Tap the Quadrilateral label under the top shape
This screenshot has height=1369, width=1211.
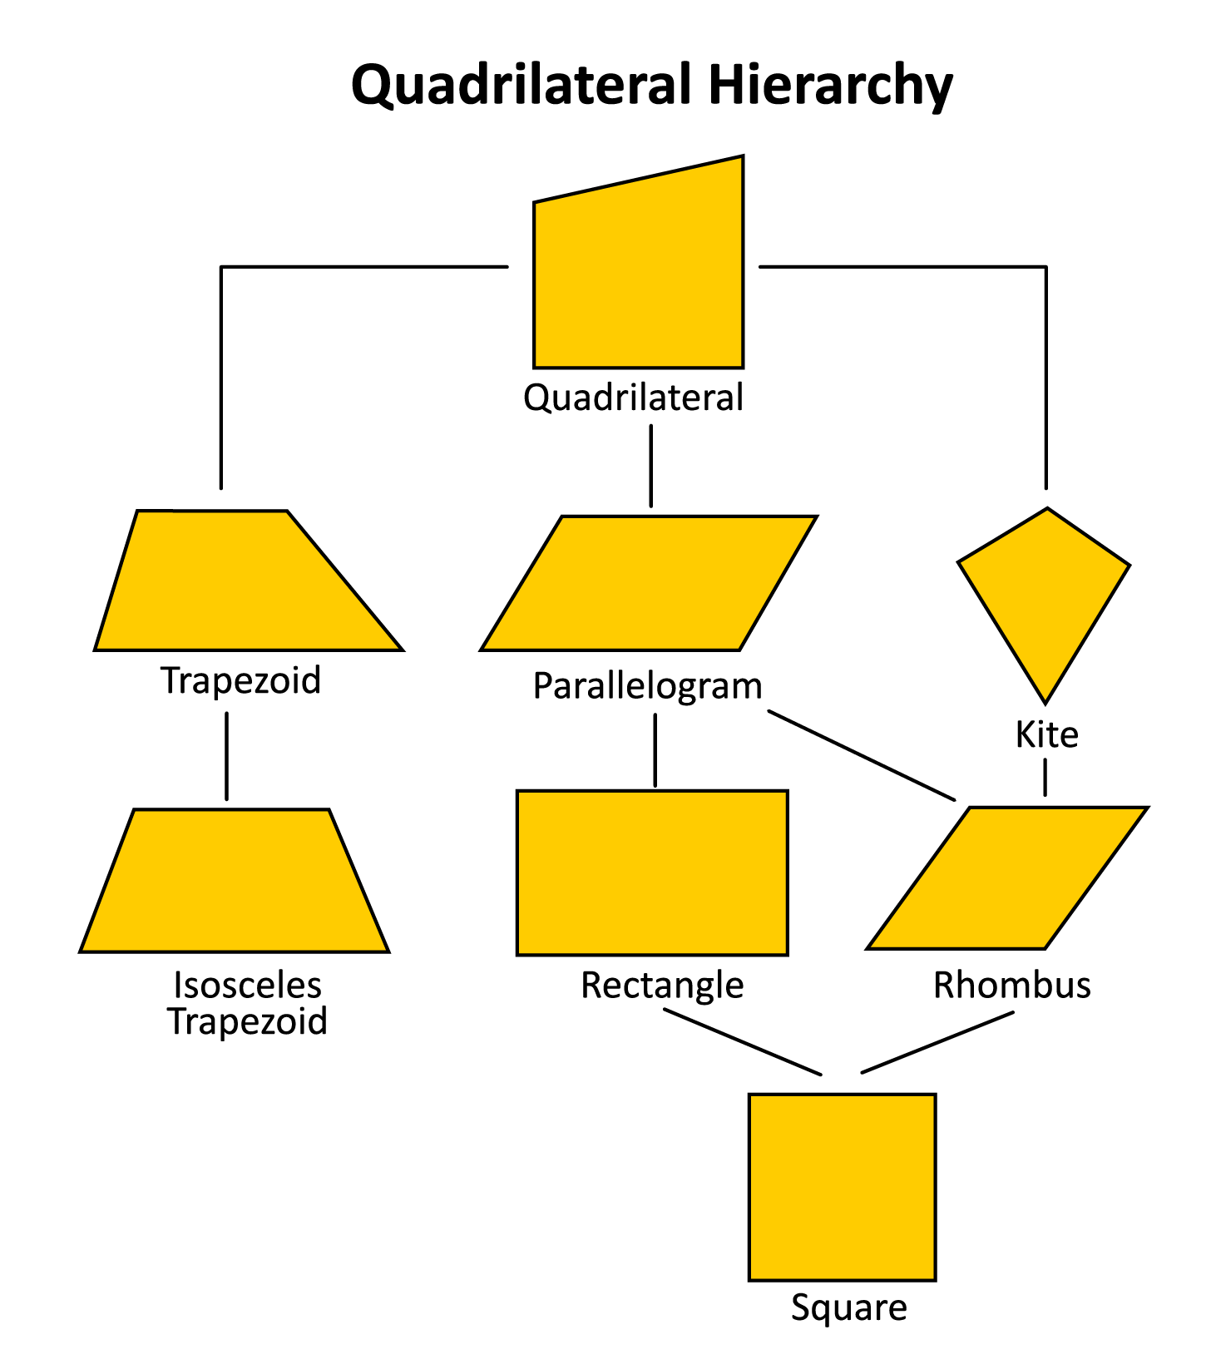633,398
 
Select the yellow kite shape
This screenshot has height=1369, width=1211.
1045,595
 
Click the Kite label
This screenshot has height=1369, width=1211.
1046,735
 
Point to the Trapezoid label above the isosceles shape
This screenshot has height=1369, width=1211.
241,680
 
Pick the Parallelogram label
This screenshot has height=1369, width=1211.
647,687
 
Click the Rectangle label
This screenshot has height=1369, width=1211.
662,986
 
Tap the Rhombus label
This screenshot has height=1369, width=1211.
1011,986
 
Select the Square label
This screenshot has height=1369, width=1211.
848,1307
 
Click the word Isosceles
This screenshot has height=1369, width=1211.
247,986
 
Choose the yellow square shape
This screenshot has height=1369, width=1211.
842,1187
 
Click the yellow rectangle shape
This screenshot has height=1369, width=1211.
652,872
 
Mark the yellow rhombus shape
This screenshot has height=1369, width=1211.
1007,877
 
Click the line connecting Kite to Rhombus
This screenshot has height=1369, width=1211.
1045,778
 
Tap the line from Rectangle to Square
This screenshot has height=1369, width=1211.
742,1041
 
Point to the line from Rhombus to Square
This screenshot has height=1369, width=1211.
937,1042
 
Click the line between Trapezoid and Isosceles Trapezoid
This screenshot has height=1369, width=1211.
226,755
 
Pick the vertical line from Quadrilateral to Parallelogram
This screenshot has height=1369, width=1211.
651,466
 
